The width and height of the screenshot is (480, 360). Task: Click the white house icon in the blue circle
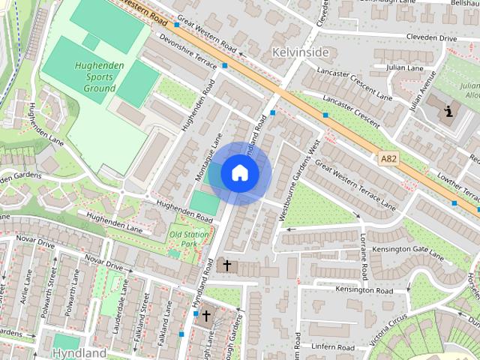(x=240, y=173)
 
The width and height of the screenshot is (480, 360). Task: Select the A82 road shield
(x=388, y=158)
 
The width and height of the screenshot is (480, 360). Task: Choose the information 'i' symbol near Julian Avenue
(x=449, y=112)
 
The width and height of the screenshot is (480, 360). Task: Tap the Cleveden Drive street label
(x=431, y=37)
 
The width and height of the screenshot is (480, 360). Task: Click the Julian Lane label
(x=405, y=68)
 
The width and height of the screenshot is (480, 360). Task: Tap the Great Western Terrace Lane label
(x=355, y=184)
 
